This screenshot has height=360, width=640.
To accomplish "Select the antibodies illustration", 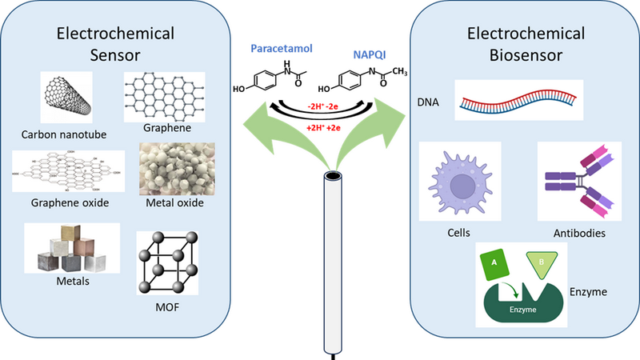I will [x=576, y=183].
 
